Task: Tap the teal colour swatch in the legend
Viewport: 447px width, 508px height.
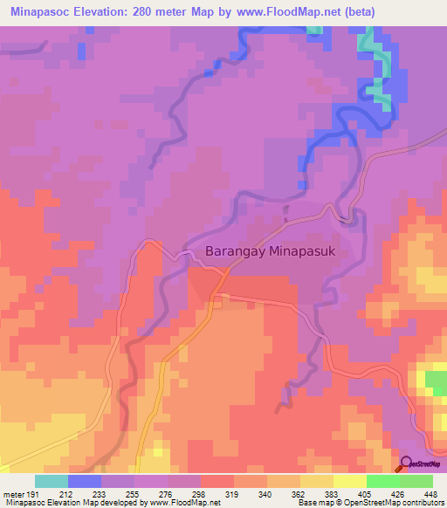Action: [52, 481]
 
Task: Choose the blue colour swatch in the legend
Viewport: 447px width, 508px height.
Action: [85, 481]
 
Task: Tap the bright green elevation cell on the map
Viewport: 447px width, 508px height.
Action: [434, 381]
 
